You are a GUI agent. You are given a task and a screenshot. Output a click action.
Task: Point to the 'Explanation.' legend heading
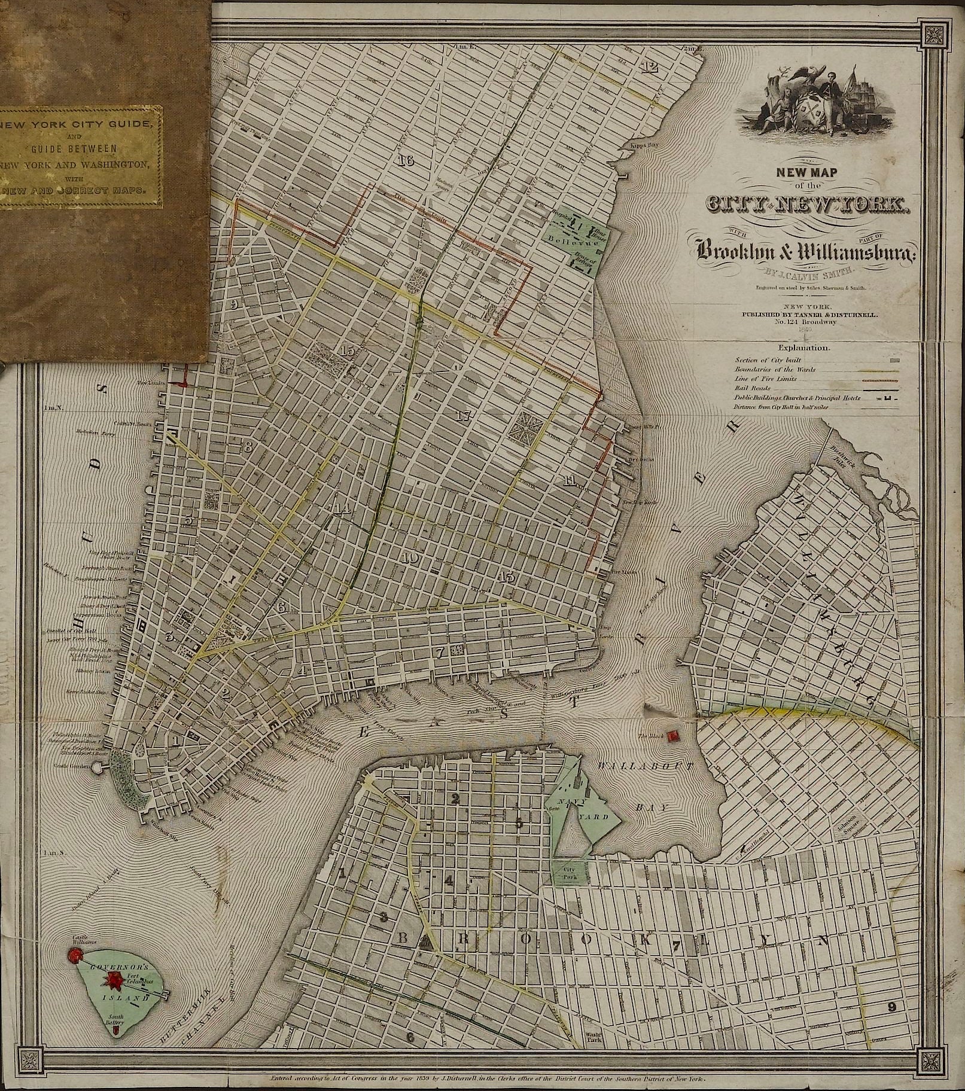point(803,347)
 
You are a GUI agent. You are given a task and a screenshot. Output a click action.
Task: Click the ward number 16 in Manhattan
point(405,160)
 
